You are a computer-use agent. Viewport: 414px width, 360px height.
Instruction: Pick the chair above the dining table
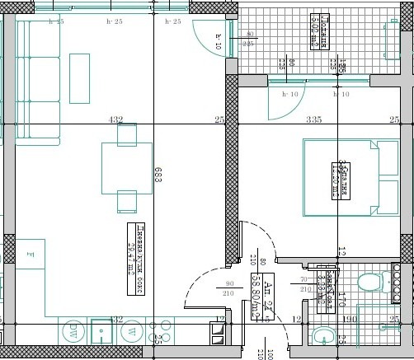(126, 133)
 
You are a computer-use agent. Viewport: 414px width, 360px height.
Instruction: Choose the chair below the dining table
(126, 201)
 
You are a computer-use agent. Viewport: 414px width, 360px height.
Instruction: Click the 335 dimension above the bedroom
(313, 120)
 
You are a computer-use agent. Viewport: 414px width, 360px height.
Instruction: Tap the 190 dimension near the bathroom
(349, 318)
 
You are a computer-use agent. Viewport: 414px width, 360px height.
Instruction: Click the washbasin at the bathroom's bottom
(323, 334)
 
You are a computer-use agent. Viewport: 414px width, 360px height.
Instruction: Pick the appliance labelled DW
(73, 332)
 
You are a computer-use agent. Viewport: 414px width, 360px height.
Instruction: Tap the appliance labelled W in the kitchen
(130, 332)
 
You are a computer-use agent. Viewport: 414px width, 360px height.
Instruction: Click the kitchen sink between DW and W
(101, 332)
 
